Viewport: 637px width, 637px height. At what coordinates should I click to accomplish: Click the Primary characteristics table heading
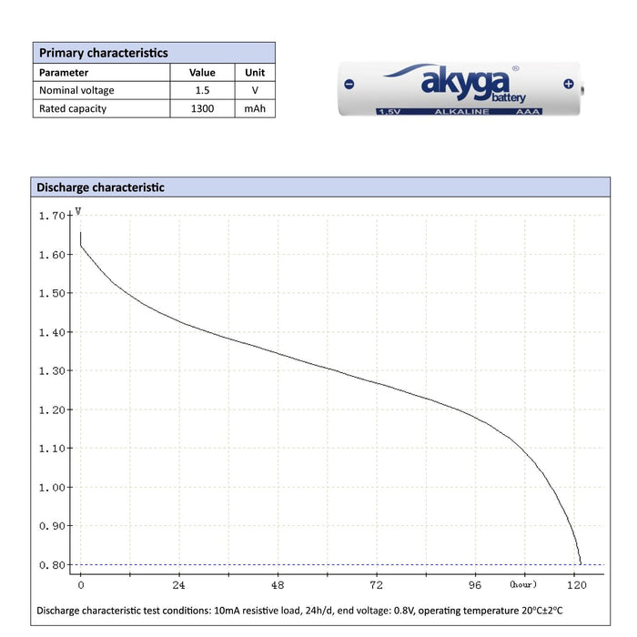pyautogui.click(x=103, y=53)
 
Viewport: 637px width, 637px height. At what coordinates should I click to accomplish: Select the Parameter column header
pyautogui.click(x=64, y=72)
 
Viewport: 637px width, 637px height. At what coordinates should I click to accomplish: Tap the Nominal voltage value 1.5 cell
pyautogui.click(x=202, y=90)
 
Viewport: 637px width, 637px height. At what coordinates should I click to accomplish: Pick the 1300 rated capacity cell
pyautogui.click(x=202, y=108)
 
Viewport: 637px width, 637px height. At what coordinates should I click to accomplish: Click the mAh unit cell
pyautogui.click(x=254, y=108)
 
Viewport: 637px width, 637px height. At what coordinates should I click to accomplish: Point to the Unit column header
pyautogui.click(x=254, y=72)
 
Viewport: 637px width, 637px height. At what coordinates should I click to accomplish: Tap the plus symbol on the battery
pyautogui.click(x=569, y=85)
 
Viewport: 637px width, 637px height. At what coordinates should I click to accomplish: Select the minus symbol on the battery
pyautogui.click(x=349, y=85)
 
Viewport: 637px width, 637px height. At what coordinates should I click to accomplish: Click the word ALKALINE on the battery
pyautogui.click(x=461, y=111)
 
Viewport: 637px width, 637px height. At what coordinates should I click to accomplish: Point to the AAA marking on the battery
pyautogui.click(x=528, y=111)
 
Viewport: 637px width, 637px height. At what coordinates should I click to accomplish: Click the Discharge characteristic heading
pyautogui.click(x=100, y=187)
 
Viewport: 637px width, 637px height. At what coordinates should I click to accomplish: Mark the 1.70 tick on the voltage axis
pyautogui.click(x=53, y=216)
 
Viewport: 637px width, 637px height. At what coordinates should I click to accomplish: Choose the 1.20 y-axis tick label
pyautogui.click(x=53, y=409)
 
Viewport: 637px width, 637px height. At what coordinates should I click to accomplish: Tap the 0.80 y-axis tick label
pyautogui.click(x=53, y=565)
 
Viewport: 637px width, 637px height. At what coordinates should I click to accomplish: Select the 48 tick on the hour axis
pyautogui.click(x=278, y=584)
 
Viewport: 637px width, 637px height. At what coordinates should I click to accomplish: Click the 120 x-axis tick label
pyautogui.click(x=575, y=584)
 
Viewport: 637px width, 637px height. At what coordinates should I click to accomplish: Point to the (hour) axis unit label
pyautogui.click(x=523, y=583)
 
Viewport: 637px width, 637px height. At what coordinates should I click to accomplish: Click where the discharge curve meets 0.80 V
pyautogui.click(x=581, y=564)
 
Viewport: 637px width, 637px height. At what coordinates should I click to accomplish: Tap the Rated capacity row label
pyautogui.click(x=73, y=108)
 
